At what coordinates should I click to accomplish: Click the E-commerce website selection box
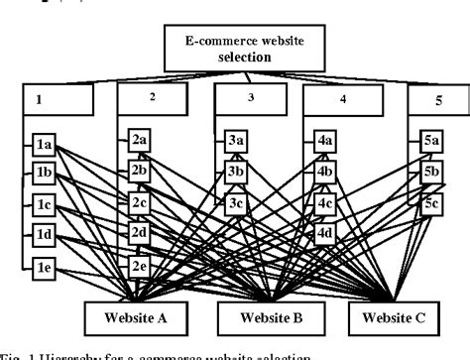236,46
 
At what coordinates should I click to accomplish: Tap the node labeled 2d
140,233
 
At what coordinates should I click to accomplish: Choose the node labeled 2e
140,265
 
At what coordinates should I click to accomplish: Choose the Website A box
152,320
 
